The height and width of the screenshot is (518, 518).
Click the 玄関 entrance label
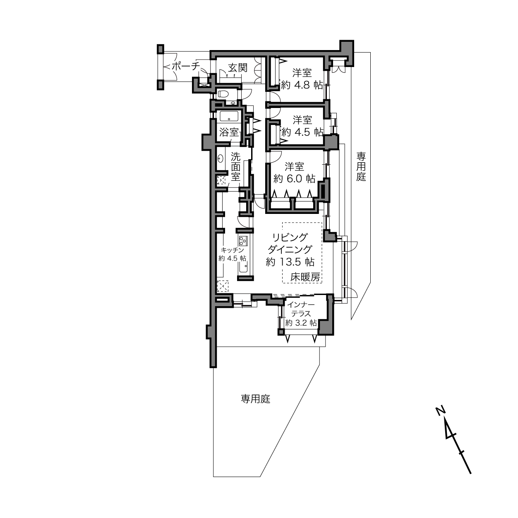[x=237, y=67]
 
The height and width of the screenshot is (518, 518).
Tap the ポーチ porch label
[x=185, y=66]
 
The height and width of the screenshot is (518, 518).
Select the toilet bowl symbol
[x=223, y=94]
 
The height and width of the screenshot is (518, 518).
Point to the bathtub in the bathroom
[x=229, y=116]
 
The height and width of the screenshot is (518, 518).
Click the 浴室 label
[x=229, y=132]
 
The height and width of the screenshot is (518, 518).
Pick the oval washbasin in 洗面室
[x=221, y=158]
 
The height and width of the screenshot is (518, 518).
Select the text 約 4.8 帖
[x=302, y=85]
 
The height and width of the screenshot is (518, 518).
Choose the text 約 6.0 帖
[x=294, y=178]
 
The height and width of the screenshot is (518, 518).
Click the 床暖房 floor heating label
[x=305, y=277]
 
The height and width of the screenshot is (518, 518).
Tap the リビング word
[x=290, y=237]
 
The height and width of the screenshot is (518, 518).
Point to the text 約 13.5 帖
[x=290, y=261]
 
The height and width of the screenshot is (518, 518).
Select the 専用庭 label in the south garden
[x=255, y=399]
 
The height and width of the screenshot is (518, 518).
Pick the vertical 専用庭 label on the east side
[x=361, y=167]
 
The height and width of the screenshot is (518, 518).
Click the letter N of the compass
[x=440, y=411]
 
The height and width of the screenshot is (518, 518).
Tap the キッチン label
[x=232, y=250]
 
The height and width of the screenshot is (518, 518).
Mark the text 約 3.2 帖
[x=301, y=323]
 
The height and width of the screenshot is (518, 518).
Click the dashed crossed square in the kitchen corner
[x=223, y=286]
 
